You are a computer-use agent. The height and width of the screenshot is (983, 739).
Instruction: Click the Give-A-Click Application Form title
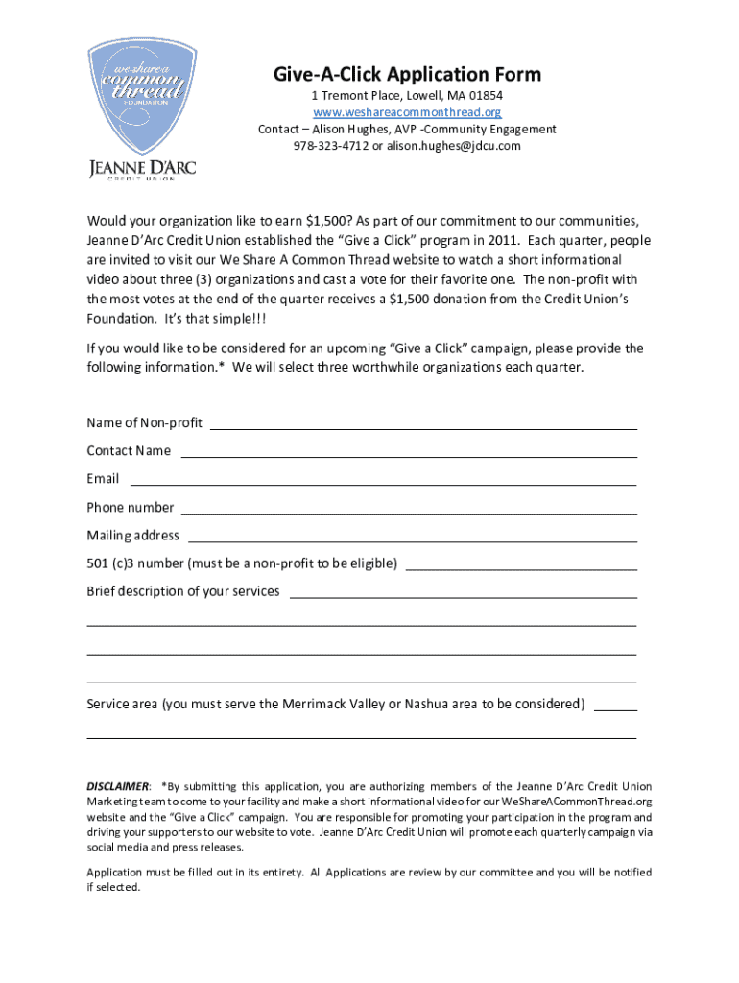pos(407,74)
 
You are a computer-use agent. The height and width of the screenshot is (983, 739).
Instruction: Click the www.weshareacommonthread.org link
pos(407,113)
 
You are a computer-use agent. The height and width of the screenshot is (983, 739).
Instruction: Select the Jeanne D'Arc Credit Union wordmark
pos(142,170)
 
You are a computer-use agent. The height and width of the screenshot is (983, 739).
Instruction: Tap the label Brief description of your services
pos(183,591)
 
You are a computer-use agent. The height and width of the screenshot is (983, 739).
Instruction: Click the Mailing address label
pos(132,536)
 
